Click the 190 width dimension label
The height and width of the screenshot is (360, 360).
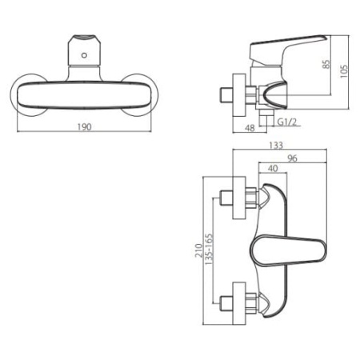[x=85, y=126]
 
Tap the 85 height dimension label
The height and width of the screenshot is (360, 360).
[x=326, y=65]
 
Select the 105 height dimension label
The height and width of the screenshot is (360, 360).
[x=344, y=71]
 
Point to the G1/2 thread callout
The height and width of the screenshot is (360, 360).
[x=287, y=122]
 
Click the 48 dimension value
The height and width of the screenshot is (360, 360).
[x=250, y=128]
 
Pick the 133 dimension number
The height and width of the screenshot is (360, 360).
[x=276, y=146]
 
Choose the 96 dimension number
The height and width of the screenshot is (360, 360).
[x=292, y=158]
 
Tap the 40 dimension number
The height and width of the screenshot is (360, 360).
[x=273, y=168]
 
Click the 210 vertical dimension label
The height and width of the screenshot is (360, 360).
[x=198, y=250]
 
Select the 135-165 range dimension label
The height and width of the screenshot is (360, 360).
[x=209, y=249]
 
